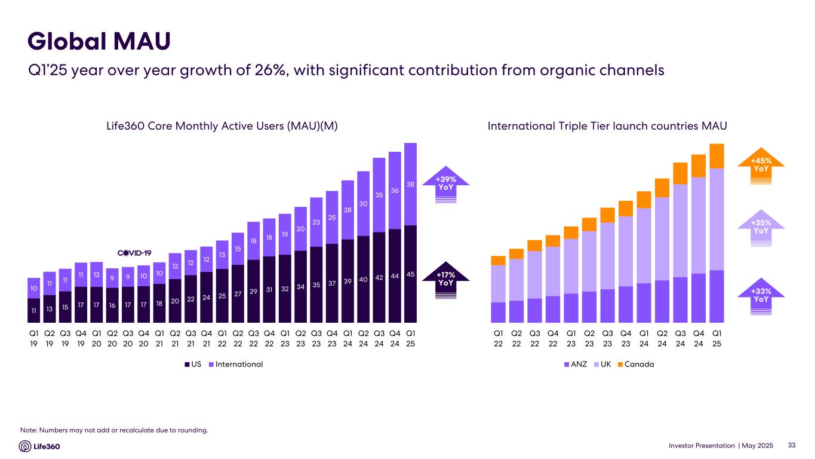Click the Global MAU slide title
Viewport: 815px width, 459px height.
(x=100, y=41)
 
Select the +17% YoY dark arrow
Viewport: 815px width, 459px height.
(x=446, y=279)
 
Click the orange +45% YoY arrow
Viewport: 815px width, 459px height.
(x=761, y=164)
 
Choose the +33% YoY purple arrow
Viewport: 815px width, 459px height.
(x=761, y=295)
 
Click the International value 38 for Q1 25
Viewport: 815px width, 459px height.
(x=410, y=185)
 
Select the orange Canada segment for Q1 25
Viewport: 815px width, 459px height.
(x=717, y=156)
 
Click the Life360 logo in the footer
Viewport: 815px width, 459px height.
(x=40, y=446)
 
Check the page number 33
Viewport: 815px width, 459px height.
(x=792, y=445)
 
